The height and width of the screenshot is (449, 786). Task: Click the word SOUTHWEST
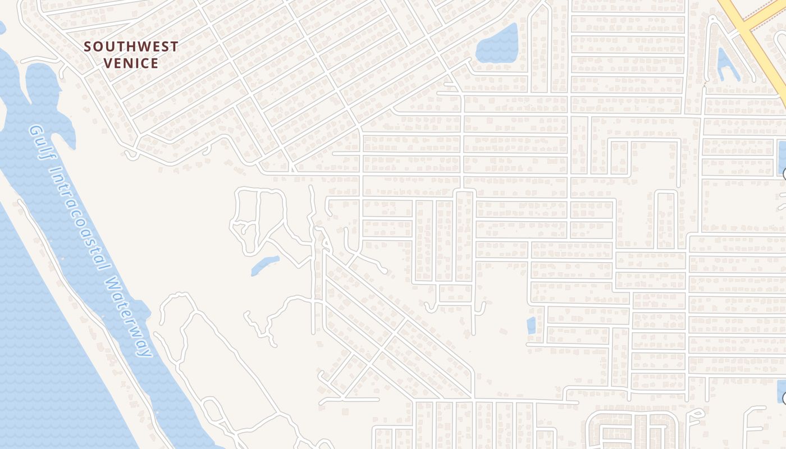[x=131, y=47]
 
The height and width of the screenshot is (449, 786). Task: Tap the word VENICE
[x=131, y=63]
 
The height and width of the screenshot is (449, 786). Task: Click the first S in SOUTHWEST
[x=88, y=47]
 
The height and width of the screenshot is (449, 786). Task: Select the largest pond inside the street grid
[x=497, y=44]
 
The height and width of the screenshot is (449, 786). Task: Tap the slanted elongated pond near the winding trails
[x=264, y=265]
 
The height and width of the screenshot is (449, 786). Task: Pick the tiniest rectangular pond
[x=531, y=326]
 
